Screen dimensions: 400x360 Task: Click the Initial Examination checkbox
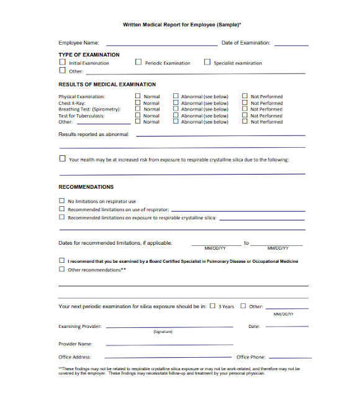[62, 63]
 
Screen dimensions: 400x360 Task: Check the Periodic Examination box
[138, 63]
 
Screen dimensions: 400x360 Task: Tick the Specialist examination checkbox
[207, 63]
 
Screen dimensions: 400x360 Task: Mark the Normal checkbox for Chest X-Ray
[138, 102]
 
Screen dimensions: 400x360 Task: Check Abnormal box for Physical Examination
[176, 96]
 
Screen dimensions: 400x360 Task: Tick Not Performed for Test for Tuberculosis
[245, 116]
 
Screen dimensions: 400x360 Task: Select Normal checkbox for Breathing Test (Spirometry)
[138, 109]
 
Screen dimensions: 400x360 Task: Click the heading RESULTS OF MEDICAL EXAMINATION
[107, 84]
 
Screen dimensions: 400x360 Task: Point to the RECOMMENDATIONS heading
[86, 187]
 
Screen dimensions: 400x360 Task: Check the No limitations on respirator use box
[61, 201]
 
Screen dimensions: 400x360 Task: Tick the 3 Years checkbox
[213, 306]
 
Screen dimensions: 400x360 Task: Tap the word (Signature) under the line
[163, 332]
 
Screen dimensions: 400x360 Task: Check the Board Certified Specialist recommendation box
[61, 261]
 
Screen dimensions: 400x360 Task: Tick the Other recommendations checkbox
[61, 270]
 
